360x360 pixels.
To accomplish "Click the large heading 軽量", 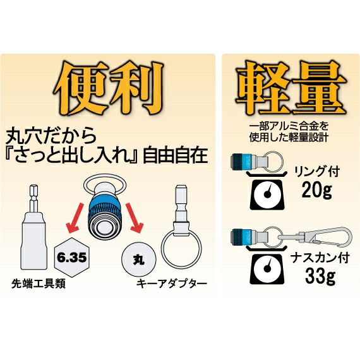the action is [x=291, y=88].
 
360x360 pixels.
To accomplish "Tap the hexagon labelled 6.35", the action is [x=72, y=258].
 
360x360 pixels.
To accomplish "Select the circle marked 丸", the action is [x=139, y=260].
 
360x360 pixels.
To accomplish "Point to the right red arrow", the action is [x=135, y=217].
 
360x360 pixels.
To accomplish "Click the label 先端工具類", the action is [x=39, y=284].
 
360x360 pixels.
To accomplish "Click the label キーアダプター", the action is [x=172, y=284].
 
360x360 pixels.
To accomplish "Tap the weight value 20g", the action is [x=317, y=190].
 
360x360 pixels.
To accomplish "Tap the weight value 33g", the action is [x=320, y=276].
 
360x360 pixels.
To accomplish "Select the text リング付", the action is [x=317, y=172].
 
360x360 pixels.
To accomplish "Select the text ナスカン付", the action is [x=320, y=258].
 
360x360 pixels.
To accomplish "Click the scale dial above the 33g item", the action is [x=267, y=268].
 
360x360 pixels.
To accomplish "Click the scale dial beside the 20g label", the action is [x=267, y=193].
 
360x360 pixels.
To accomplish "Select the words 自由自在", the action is [x=175, y=156].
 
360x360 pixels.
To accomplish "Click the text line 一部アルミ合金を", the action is [x=289, y=126].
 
